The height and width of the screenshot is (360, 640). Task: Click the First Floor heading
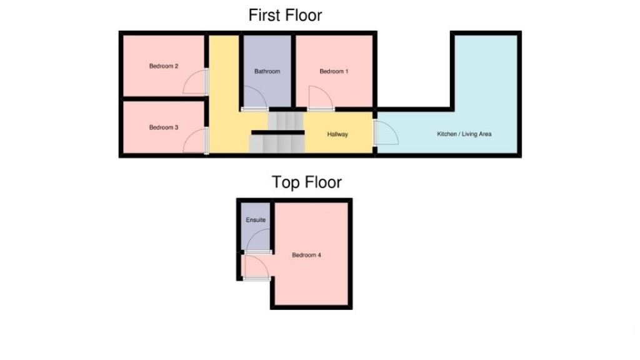(x=285, y=15)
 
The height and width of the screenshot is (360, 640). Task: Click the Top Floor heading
(x=306, y=182)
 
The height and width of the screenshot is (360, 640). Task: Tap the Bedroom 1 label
(x=334, y=71)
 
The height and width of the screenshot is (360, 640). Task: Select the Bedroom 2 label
(x=164, y=66)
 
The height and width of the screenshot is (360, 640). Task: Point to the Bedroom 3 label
(x=164, y=127)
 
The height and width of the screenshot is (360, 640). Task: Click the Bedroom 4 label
(x=306, y=255)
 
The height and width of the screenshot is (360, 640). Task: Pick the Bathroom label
(x=267, y=71)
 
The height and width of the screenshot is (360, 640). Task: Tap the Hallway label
(x=337, y=134)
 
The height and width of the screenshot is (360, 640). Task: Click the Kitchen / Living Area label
(x=464, y=134)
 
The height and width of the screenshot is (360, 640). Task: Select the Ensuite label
(x=256, y=220)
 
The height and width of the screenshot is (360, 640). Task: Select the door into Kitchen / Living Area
(x=384, y=133)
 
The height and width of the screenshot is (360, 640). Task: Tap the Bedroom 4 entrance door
(x=256, y=267)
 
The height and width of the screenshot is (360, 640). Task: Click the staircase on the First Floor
(x=277, y=132)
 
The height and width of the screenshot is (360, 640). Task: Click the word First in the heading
(x=265, y=15)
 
